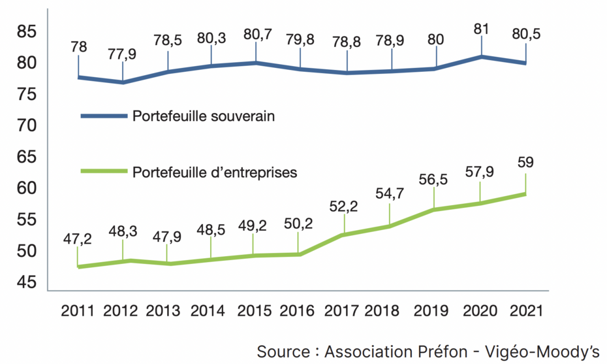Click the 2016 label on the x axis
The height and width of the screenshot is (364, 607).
(x=298, y=310)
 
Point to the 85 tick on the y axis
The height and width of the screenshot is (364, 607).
(x=26, y=31)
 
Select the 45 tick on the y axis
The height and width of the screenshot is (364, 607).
(x=26, y=282)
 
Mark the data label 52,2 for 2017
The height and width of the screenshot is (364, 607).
(x=344, y=207)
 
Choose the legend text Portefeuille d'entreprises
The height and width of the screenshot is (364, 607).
(x=215, y=173)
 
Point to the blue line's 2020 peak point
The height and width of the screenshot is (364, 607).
(x=481, y=57)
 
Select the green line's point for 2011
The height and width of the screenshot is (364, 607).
(x=78, y=267)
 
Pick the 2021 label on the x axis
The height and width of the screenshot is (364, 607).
(x=525, y=310)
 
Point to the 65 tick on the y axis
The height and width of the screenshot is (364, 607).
(x=26, y=157)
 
